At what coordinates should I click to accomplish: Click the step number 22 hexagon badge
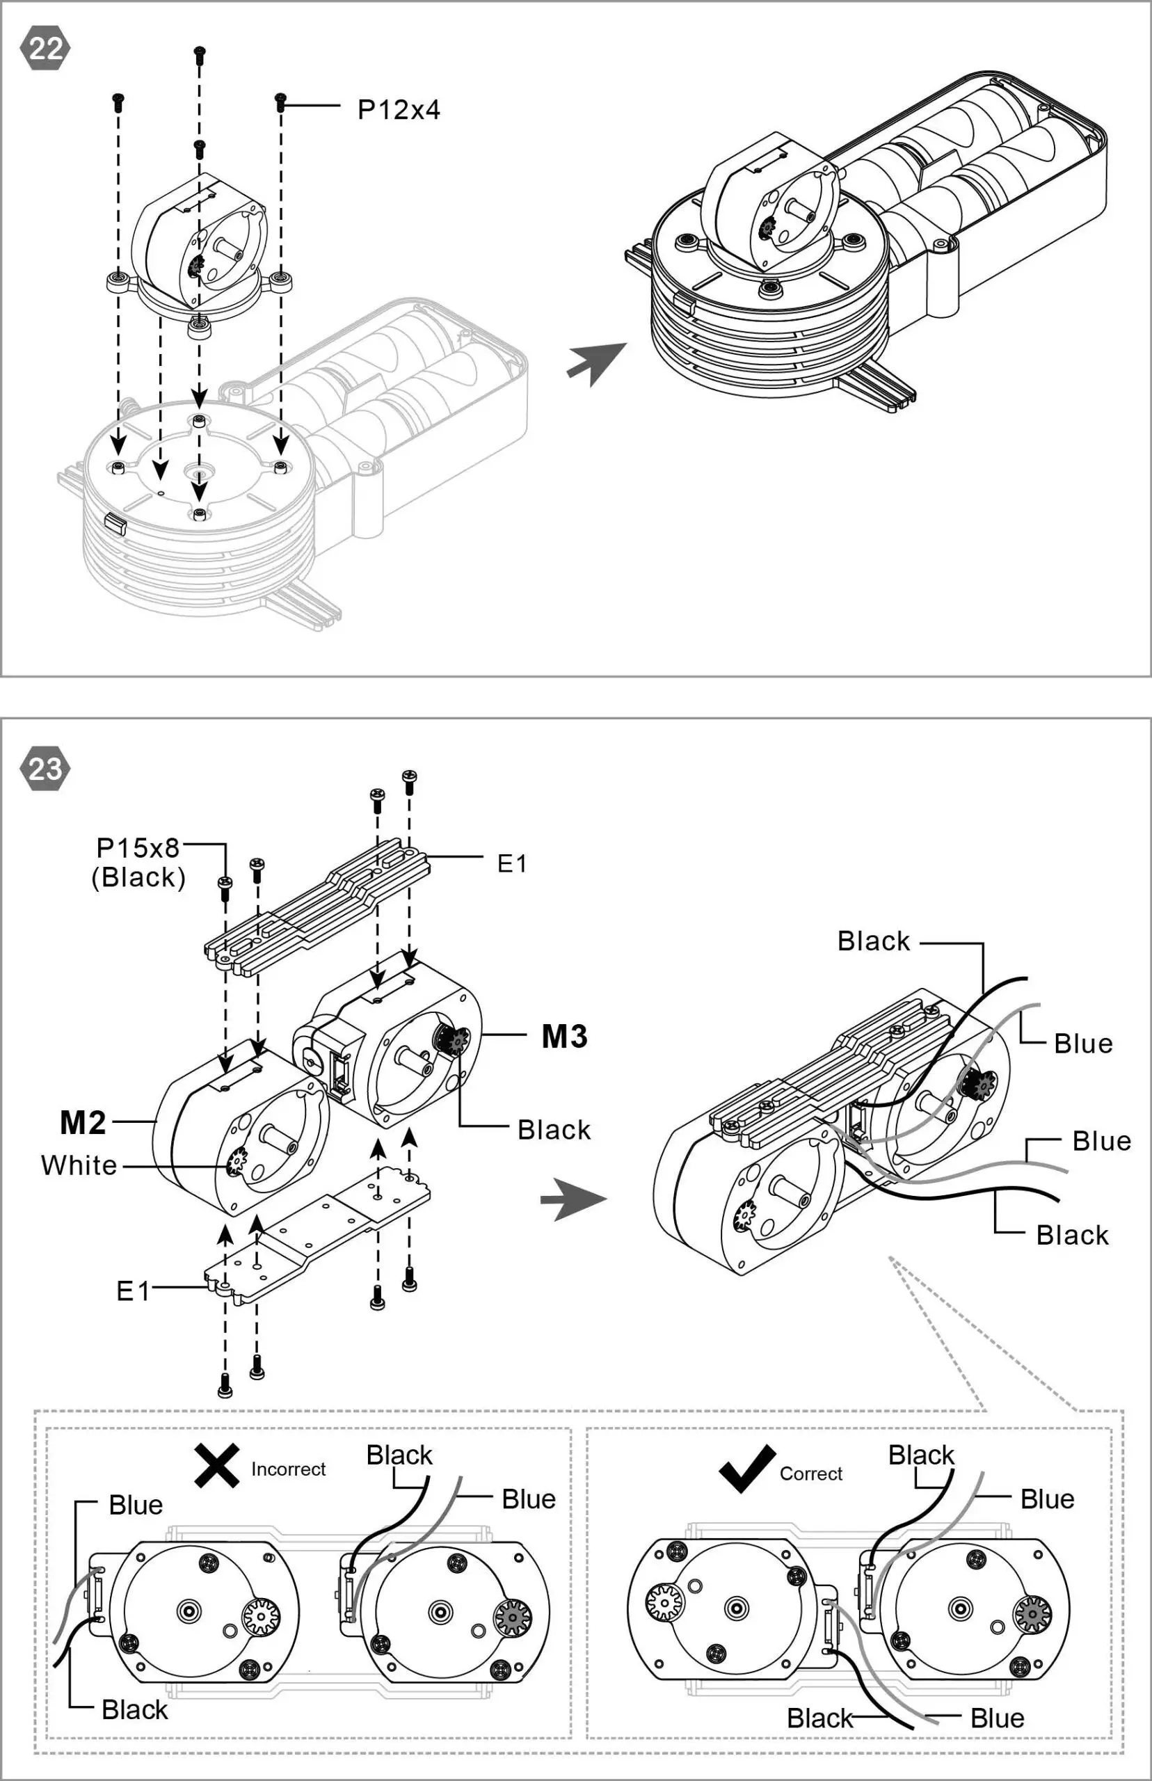46,49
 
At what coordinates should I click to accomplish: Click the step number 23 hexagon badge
46,769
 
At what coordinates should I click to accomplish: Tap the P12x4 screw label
399,110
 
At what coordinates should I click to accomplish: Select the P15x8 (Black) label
138,863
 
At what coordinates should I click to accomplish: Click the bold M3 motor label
564,1037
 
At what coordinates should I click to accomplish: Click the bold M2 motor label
83,1123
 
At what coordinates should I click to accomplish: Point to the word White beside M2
79,1165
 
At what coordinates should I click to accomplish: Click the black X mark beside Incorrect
217,1465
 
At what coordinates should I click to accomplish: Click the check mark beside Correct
746,1469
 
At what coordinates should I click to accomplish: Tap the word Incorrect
288,1469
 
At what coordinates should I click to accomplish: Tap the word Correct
811,1473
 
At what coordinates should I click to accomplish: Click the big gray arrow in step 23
573,1200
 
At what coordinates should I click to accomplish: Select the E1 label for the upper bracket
513,864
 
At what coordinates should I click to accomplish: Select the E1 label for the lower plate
133,1292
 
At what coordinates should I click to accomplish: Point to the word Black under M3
554,1130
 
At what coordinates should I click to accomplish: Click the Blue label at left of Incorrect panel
136,1505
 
